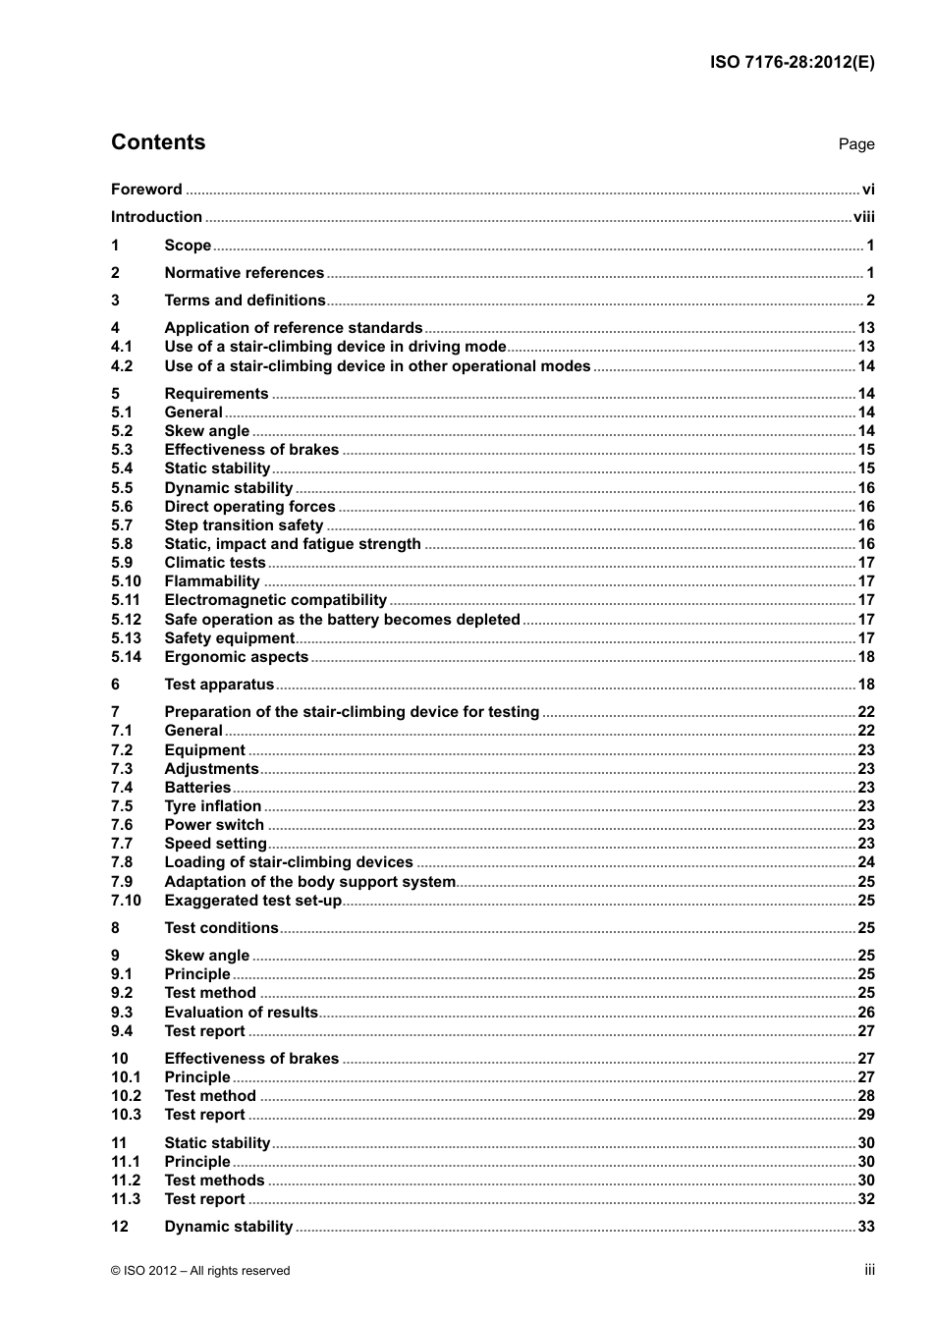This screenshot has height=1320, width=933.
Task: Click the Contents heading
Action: pyautogui.click(x=158, y=142)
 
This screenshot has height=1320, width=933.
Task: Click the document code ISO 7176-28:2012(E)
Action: pyautogui.click(x=792, y=62)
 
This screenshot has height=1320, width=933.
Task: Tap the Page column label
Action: pyautogui.click(x=855, y=144)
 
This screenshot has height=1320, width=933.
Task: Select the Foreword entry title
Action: pyautogui.click(x=146, y=190)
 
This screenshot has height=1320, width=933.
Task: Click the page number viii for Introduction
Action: pyautogui.click(x=863, y=217)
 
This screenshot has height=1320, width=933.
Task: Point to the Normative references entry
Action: pyautogui.click(x=244, y=273)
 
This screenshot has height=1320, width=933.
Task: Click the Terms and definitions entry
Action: pyautogui.click(x=245, y=301)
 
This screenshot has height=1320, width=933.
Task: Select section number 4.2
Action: pyautogui.click(x=122, y=366)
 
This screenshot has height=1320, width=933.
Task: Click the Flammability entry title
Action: pyautogui.click(x=212, y=581)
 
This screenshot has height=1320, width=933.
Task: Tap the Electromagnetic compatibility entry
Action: pyautogui.click(x=275, y=600)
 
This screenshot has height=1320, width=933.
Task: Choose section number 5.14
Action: pyautogui.click(x=126, y=657)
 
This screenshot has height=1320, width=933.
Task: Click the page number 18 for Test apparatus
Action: pyautogui.click(x=865, y=685)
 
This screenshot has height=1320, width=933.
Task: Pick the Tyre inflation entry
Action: pyautogui.click(x=212, y=806)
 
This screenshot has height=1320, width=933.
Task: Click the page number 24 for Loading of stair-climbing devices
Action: pyautogui.click(x=865, y=862)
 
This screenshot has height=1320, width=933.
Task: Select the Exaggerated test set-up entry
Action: pyautogui.click(x=252, y=901)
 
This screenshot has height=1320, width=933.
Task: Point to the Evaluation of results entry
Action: pyautogui.click(x=241, y=1013)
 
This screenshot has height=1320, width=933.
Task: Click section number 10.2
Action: pyautogui.click(x=126, y=1096)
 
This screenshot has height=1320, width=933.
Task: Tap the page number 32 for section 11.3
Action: pyautogui.click(x=865, y=1199)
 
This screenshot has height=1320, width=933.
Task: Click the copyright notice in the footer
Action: pyautogui.click(x=200, y=1271)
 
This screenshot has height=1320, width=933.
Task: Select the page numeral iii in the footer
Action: pyautogui.click(x=869, y=1270)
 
